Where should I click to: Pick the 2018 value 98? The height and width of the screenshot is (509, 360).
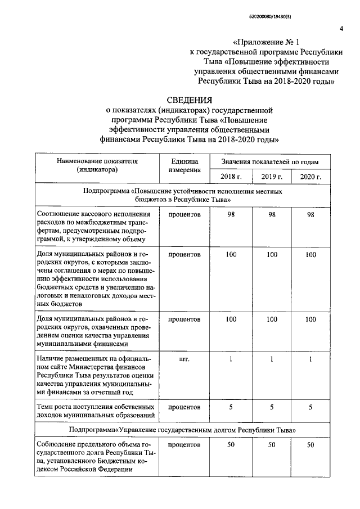click(231, 215)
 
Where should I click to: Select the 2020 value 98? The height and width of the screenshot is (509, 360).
click(310, 215)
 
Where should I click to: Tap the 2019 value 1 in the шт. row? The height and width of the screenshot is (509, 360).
click(272, 359)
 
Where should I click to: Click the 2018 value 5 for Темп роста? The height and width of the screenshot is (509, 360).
click(231, 407)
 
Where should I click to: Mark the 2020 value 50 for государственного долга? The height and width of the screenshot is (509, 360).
click(310, 445)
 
